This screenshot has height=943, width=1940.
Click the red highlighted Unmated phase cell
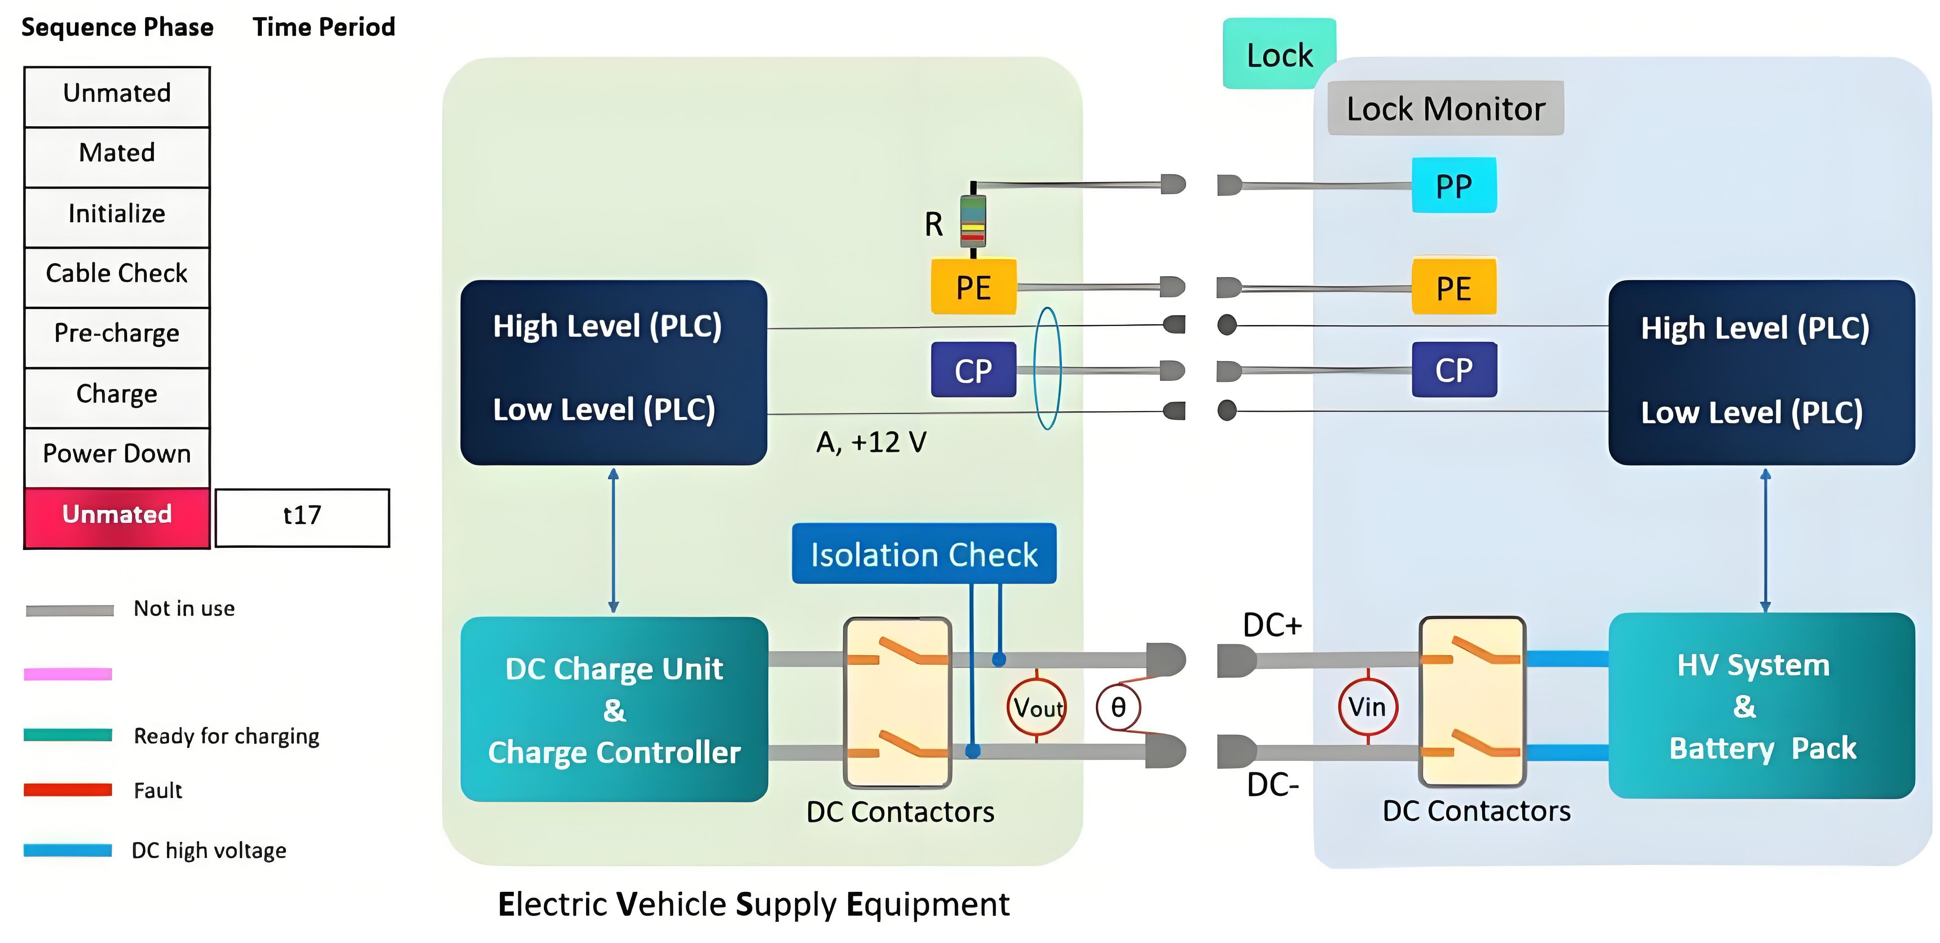coord(117,517)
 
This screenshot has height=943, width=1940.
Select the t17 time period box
coord(302,517)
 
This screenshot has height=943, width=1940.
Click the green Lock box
coord(1279,55)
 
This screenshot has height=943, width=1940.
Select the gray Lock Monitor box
coord(1445,109)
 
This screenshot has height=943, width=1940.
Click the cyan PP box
coord(1454,185)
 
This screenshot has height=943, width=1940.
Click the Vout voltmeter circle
coord(1037,707)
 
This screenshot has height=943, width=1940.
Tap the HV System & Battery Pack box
coord(1762,706)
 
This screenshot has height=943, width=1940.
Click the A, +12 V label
coord(871,442)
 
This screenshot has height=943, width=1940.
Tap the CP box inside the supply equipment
coord(973,370)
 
